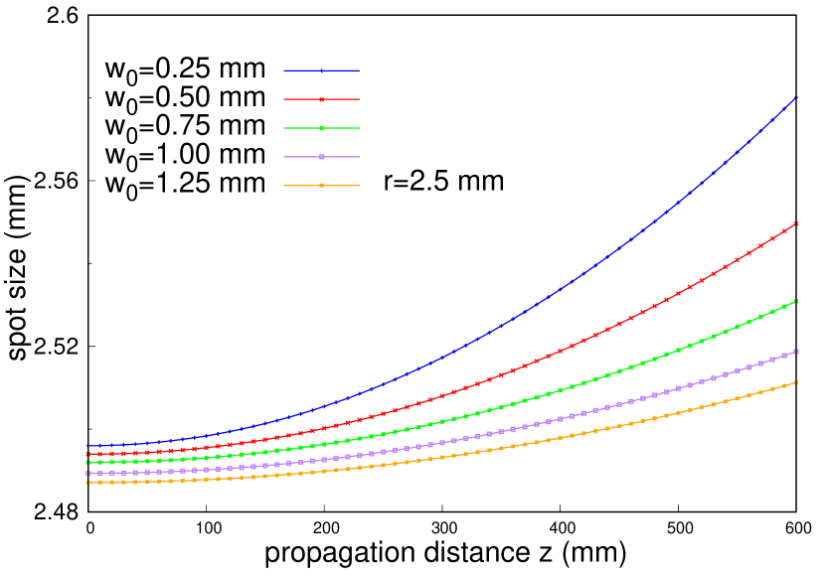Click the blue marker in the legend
coord(321,71)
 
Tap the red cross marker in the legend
coord(321,99)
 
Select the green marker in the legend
coord(321,128)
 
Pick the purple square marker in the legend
coord(321,157)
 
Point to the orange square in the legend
coord(321,186)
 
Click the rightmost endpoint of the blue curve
coord(797,97)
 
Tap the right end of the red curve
coord(797,223)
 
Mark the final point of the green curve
coord(797,301)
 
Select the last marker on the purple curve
coord(797,352)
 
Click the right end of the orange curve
coord(797,382)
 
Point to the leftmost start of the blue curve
coord(87,446)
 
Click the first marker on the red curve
coord(87,454)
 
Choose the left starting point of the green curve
coord(87,462)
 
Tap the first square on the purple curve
coord(87,474)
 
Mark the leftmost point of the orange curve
coord(87,483)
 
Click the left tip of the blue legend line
coord(284,71)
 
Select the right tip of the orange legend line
coord(359,186)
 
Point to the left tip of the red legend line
coord(284,99)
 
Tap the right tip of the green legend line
coord(359,128)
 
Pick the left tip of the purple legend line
coord(284,157)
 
